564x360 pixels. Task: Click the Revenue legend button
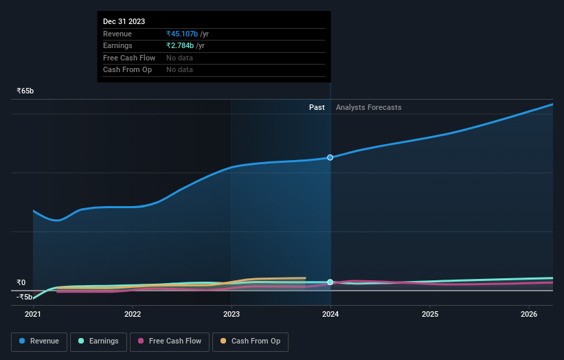pos(39,341)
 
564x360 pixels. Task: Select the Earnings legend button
pos(98,341)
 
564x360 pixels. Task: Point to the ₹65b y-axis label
pos(25,91)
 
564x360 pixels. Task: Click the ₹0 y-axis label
pos(21,282)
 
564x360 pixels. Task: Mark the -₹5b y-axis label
pos(24,297)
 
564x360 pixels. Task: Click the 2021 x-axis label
pos(33,315)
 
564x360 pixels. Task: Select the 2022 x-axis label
pos(133,315)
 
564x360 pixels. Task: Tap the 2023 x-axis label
pos(232,315)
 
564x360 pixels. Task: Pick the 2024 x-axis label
pos(330,315)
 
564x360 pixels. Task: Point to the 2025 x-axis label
pos(430,315)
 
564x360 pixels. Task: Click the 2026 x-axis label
pos(529,315)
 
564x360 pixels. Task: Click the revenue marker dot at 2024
pos(330,157)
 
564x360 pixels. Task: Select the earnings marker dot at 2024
pos(330,282)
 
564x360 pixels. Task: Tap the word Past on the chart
pos(317,107)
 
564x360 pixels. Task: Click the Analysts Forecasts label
pos(369,107)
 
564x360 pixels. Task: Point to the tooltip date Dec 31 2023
pos(124,22)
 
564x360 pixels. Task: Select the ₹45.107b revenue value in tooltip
pos(182,34)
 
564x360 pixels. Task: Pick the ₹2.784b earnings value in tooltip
pos(180,46)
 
